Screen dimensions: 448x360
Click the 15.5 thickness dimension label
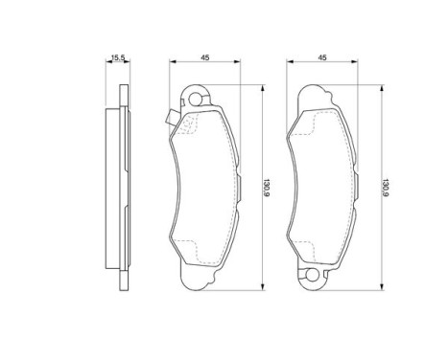pos(117,57)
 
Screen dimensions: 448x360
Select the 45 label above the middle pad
pos(205,57)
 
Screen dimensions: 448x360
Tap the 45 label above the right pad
pos(322,57)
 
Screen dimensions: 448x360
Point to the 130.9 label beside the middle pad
pos(266,188)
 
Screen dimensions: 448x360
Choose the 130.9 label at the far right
pos(385,188)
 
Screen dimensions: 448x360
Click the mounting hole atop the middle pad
pos(196,100)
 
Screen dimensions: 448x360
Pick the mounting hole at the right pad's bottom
pos(312,276)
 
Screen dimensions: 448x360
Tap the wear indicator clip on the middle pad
pos(171,117)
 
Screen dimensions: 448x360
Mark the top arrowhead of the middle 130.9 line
pos(263,88)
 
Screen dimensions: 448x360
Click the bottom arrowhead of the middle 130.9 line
pos(263,287)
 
